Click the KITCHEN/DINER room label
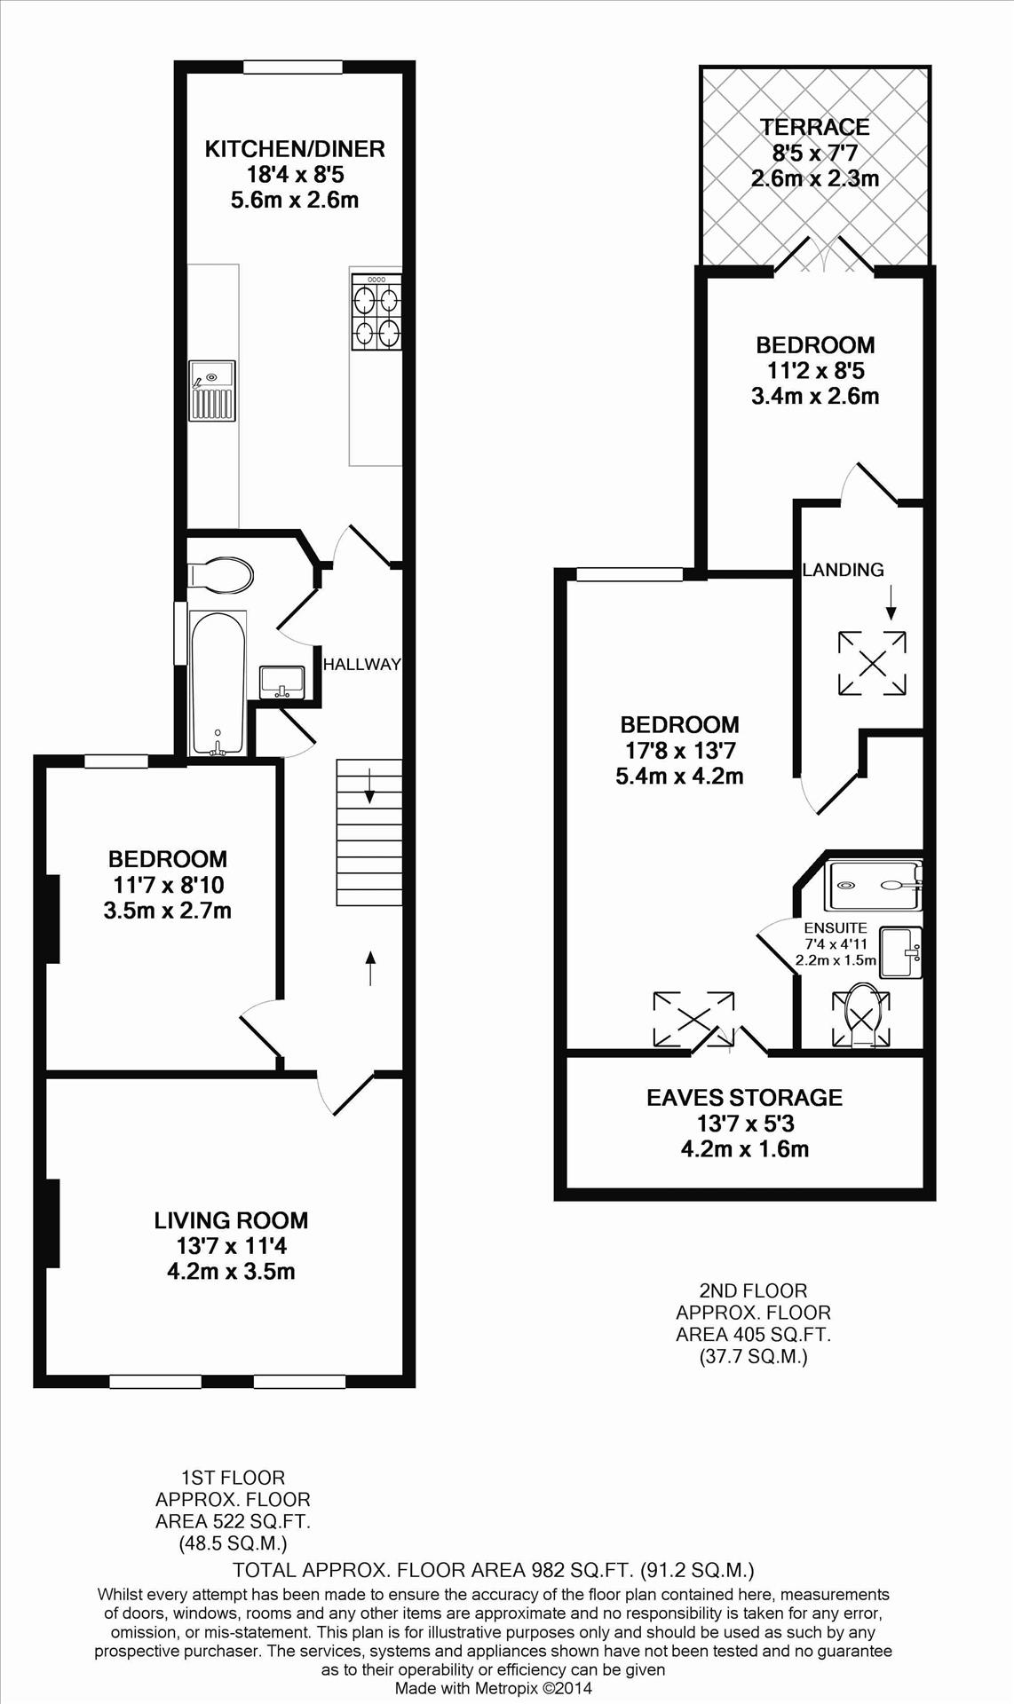[x=295, y=148]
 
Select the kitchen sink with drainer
[x=211, y=390]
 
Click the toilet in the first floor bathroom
[x=220, y=575]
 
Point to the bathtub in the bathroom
[x=218, y=682]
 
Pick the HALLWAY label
[x=362, y=664]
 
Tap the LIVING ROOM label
[x=231, y=1220]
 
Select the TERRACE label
[x=814, y=127]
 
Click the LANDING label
[x=843, y=570]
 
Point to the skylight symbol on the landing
[x=872, y=663]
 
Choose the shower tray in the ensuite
[x=874, y=885]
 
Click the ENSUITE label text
[x=836, y=928]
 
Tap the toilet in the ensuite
[x=860, y=1014]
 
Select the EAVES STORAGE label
[x=744, y=1098]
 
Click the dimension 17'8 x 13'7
[x=680, y=751]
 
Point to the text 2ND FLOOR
[x=753, y=1290]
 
